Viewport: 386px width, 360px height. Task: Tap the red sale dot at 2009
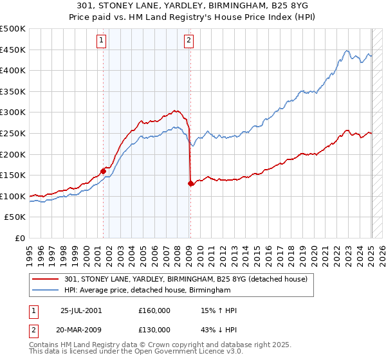(190, 184)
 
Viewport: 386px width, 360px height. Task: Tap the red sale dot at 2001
(103, 171)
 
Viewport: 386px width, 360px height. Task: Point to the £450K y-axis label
(13, 50)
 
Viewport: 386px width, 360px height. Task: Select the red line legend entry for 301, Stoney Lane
(187, 279)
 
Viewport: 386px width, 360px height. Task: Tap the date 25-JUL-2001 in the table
(80, 310)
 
